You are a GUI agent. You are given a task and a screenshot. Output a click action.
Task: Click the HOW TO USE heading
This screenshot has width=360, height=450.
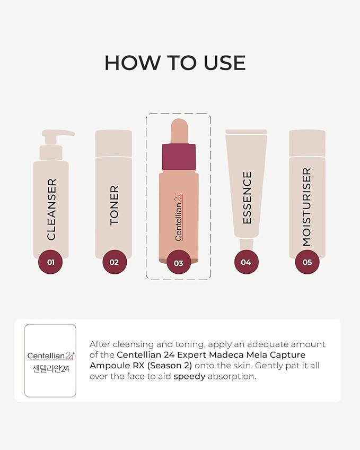coord(175,63)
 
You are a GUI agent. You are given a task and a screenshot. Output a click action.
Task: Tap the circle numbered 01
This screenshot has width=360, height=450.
coord(50,262)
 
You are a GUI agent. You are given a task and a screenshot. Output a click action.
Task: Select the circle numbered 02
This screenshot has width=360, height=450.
coord(115,262)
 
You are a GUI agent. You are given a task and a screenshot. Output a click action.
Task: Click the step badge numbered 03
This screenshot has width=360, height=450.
coord(179,262)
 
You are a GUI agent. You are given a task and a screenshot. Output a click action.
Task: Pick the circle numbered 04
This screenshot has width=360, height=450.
coord(246,262)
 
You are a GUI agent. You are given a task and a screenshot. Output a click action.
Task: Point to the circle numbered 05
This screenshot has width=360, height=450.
coord(307,262)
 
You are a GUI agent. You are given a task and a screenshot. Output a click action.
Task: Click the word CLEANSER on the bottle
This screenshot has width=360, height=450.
coord(51,210)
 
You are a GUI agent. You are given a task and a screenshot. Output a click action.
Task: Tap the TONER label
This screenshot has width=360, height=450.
coord(114,205)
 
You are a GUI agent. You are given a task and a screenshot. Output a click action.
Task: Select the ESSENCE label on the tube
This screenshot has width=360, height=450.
coord(247,198)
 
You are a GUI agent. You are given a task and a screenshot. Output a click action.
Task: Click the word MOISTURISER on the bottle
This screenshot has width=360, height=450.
coord(306,207)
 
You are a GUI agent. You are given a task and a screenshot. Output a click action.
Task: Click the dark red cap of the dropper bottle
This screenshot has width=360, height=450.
coord(179,157)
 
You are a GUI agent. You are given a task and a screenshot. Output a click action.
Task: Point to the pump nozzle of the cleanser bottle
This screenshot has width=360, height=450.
coord(58,133)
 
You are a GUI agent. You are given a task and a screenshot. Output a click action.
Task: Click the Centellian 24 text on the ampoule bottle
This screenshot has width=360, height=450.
coord(179,217)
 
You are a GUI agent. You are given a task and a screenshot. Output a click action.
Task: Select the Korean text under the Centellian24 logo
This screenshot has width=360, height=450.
coord(51,369)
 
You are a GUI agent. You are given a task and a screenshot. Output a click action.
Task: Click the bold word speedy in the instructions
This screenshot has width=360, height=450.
coord(189,377)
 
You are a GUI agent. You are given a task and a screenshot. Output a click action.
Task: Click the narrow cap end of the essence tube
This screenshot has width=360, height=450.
coord(247,244)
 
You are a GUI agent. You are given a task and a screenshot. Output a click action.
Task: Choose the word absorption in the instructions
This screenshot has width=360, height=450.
coord(232,377)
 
